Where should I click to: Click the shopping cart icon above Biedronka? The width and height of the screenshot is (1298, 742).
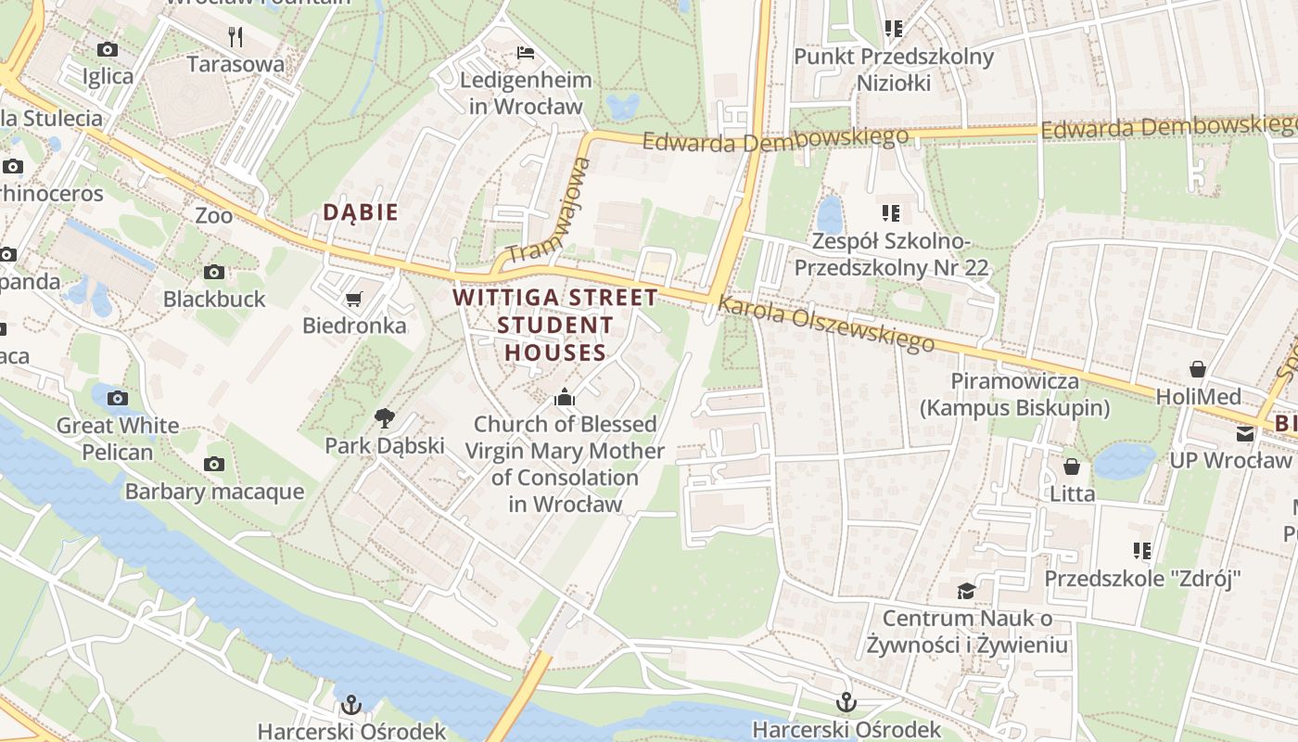(352, 299)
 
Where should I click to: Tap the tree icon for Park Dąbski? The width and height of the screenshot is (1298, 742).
(384, 418)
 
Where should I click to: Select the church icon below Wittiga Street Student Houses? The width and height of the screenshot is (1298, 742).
(564, 398)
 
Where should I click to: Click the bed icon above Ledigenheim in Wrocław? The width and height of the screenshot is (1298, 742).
(526, 53)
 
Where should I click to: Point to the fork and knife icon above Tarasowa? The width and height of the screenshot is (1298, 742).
(235, 37)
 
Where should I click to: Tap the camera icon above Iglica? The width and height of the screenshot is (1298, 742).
(108, 49)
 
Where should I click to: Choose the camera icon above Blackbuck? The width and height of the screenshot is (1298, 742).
(214, 272)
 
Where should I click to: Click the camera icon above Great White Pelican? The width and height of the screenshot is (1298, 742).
(118, 398)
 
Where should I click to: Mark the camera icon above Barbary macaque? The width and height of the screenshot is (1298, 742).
(214, 464)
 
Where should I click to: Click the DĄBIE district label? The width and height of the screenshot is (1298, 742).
(361, 212)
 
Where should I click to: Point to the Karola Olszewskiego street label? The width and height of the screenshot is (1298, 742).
(826, 325)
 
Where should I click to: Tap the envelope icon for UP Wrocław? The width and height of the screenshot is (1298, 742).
(1244, 433)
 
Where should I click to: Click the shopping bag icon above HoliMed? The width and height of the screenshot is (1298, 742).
(1198, 369)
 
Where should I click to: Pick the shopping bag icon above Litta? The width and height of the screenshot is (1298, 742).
(1072, 466)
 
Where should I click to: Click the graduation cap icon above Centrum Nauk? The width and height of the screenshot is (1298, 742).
(966, 591)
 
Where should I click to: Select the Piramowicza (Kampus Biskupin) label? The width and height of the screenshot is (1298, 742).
(1014, 394)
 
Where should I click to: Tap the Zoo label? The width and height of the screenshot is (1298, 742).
(213, 215)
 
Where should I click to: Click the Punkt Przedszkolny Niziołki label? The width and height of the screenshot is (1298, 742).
(894, 70)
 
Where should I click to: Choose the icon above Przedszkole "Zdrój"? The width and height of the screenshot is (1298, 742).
(1142, 551)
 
